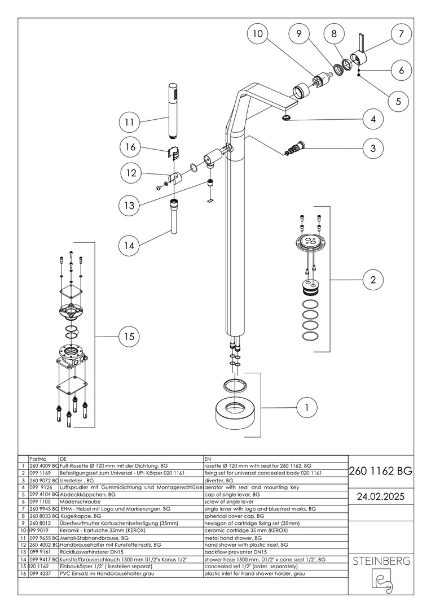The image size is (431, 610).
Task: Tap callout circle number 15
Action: (129, 337)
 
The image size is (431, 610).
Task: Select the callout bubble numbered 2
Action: (373, 279)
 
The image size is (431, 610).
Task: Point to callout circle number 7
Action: (401, 34)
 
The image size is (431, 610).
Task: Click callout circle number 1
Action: (307, 406)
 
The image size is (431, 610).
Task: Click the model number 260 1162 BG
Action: (381, 470)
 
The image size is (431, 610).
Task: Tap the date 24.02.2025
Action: (381, 496)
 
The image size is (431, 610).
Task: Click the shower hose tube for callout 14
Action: (174, 220)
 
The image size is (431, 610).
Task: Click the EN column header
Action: (208, 459)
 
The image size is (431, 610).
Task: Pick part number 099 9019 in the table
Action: (39, 530)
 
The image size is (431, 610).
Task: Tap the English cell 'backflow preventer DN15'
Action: (238, 552)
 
